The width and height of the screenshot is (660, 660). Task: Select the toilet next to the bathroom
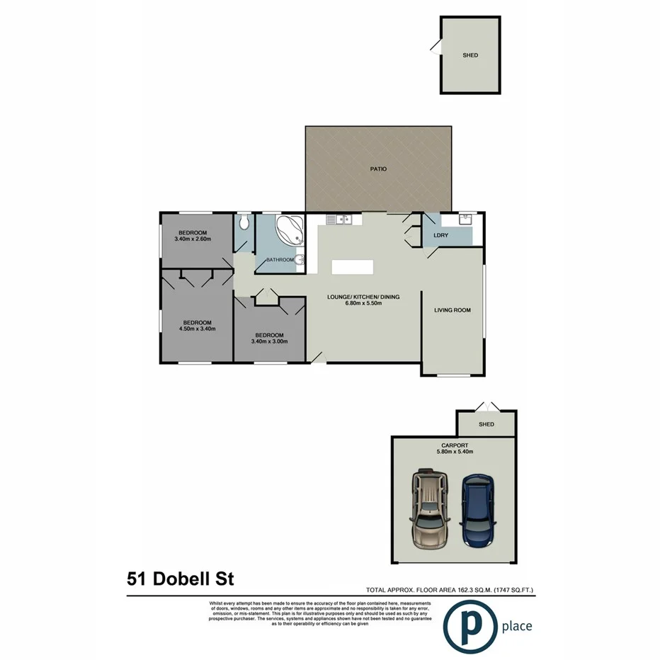click(x=244, y=223)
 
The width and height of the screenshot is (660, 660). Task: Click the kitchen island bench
click(x=352, y=266)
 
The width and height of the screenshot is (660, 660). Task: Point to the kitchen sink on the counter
click(x=342, y=220)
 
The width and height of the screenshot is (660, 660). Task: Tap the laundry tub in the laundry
click(x=466, y=219)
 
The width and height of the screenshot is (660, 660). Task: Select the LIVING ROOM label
click(x=453, y=310)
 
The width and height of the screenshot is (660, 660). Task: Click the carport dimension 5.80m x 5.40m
click(x=453, y=451)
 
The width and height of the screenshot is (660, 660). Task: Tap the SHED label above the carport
click(x=486, y=425)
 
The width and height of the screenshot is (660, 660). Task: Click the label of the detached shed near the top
click(x=470, y=55)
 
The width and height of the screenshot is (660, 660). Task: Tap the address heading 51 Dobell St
click(x=180, y=579)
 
